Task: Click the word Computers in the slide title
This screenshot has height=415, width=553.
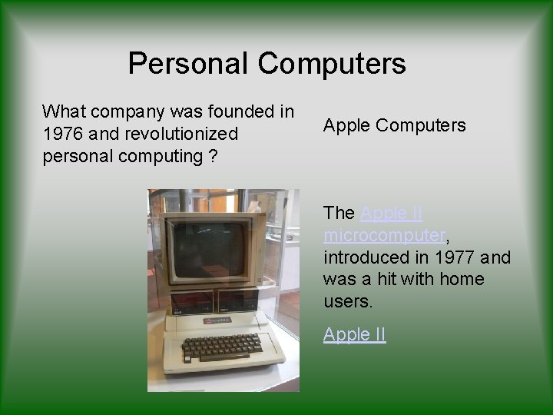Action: (332, 63)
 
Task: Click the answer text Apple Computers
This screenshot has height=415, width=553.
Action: (394, 125)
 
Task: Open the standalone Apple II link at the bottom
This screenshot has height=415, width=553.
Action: (354, 334)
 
